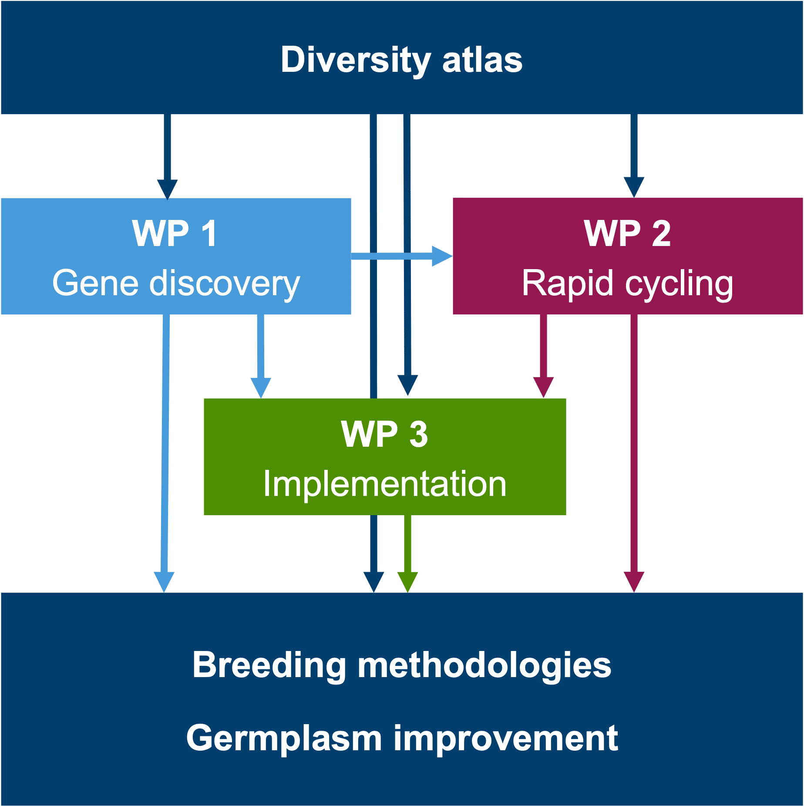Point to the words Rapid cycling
[627, 284]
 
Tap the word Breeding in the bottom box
[269, 665]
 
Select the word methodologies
[484, 665]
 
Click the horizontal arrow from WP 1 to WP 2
[402, 256]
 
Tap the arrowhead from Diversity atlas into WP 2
[634, 188]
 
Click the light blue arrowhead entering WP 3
[261, 388]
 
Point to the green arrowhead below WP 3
[408, 582]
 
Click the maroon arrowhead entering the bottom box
[634, 582]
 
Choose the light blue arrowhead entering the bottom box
[164, 582]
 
